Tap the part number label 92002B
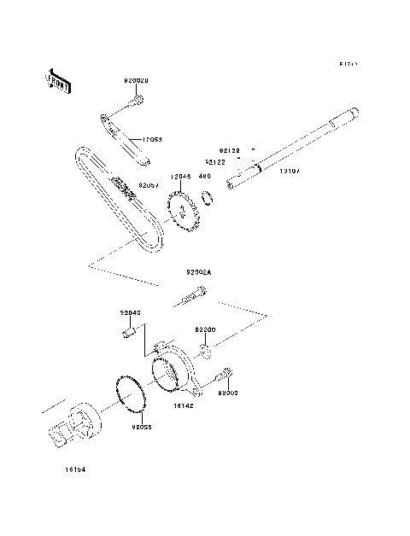[136, 81]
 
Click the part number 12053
[152, 139]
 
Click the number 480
[204, 177]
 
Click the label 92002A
[199, 272]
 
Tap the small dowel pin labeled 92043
[131, 330]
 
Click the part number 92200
[206, 329]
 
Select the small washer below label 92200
[205, 349]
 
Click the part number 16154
[74, 469]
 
